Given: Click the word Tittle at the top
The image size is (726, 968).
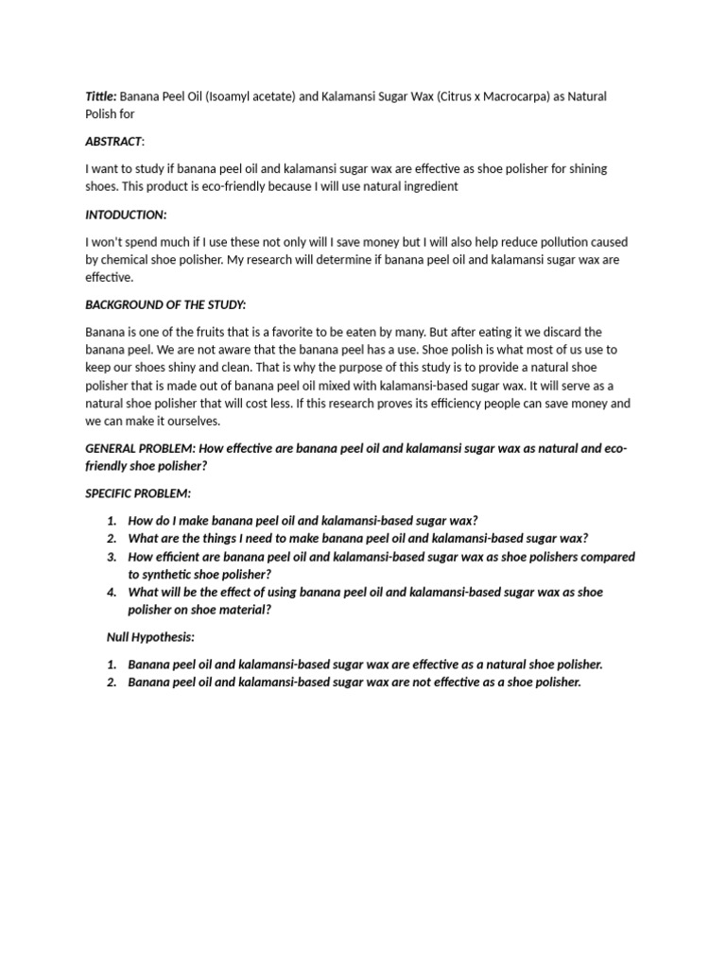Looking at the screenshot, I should pyautogui.click(x=101, y=96).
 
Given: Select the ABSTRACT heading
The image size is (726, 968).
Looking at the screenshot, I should pyautogui.click(x=114, y=142).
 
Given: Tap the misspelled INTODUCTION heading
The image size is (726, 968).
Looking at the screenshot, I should pyautogui.click(x=126, y=215).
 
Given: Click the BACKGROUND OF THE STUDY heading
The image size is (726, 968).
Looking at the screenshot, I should pyautogui.click(x=165, y=305).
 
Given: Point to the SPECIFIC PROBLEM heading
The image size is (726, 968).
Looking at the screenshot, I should pyautogui.click(x=138, y=493).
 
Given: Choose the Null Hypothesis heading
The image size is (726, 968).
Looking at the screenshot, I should pyautogui.click(x=150, y=637).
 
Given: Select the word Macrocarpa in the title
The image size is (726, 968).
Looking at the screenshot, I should pyautogui.click(x=530, y=96).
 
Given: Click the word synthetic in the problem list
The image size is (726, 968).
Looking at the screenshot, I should pyautogui.click(x=174, y=575).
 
